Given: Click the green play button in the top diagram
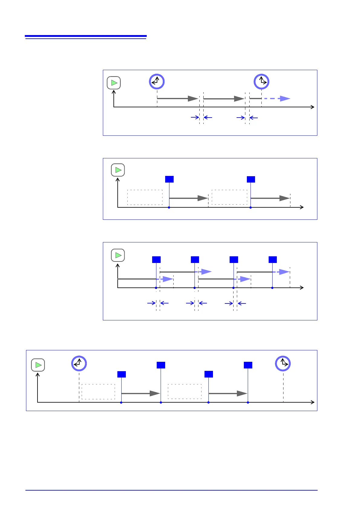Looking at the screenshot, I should coord(114,83).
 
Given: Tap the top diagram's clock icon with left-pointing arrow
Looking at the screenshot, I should coord(157,82).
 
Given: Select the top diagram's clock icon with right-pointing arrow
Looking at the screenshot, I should coord(262,82).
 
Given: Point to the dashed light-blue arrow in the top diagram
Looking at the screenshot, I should coord(276,99).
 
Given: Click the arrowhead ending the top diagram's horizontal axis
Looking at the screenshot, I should coord(313,107).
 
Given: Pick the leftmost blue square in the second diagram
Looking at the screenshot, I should coord(169,179).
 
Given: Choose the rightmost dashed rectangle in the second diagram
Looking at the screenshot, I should coord(229,197).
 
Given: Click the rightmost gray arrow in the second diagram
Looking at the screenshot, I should coord(270,198).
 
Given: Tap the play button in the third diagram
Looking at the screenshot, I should coord(118,255).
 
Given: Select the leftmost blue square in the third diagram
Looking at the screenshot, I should coord(156,260).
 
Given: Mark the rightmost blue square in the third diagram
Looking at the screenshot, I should coord(273,260).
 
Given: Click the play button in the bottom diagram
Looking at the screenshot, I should coord(38,365).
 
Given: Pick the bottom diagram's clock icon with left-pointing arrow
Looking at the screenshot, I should coord(79,363).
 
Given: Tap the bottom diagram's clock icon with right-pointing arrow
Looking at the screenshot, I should coord(283,363).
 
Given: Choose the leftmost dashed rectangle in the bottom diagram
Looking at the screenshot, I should coord(98,392).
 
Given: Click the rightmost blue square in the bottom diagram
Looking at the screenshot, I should coord(248,365).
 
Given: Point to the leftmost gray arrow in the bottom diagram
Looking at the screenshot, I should coord(140,394).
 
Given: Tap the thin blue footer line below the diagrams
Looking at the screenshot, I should coord(172,490).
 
